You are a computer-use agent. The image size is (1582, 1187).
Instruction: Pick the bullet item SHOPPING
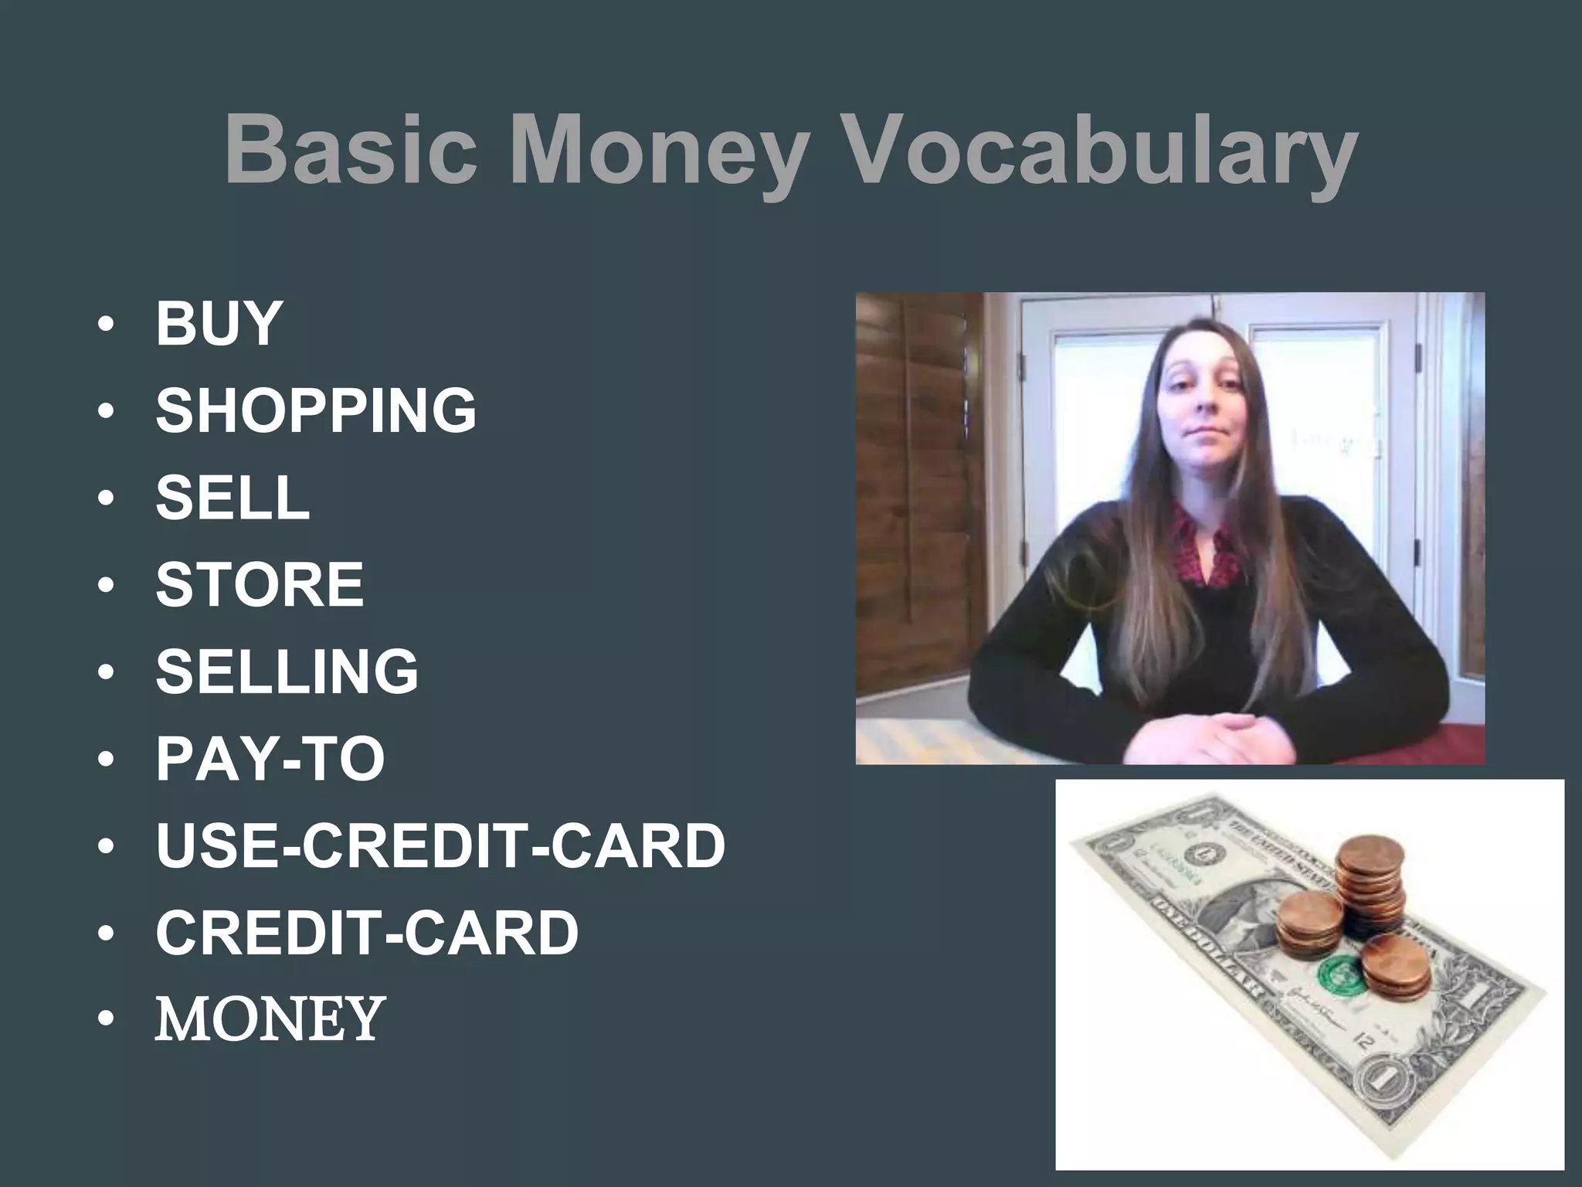coord(316,410)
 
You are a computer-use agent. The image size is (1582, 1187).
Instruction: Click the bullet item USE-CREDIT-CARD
coord(440,845)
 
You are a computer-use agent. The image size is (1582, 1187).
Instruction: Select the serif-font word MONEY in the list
coord(270,1018)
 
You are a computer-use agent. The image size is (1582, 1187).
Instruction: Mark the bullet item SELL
coord(233,497)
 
